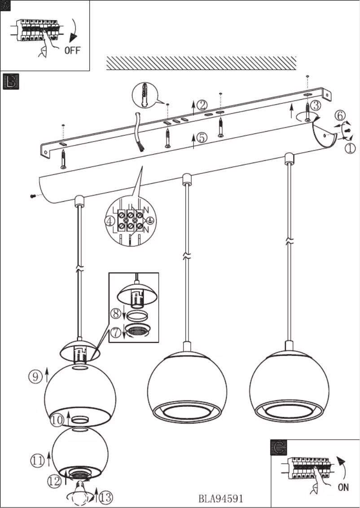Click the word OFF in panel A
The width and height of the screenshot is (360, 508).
click(72, 50)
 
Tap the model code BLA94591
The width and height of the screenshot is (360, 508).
click(221, 499)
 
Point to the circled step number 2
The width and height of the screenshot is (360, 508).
click(202, 105)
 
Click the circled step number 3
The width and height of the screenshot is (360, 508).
click(316, 106)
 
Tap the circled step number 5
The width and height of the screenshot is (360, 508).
click(202, 137)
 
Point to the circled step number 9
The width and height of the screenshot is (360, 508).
click(35, 376)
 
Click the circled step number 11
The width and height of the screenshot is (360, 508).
click(37, 460)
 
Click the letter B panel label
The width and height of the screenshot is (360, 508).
click(10, 81)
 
